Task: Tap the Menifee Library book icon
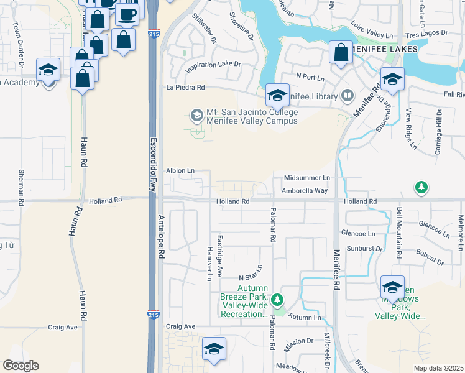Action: pos(347,96)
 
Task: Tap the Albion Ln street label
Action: pos(180,170)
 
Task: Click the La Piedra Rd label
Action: pos(186,88)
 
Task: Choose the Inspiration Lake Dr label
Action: pos(212,64)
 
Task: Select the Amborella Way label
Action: pos(305,191)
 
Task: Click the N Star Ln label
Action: pos(251,272)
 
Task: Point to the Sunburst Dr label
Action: pos(363,248)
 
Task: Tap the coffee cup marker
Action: pos(128,14)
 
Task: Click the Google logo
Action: pos(20,366)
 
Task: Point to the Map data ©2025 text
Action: pos(439,368)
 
